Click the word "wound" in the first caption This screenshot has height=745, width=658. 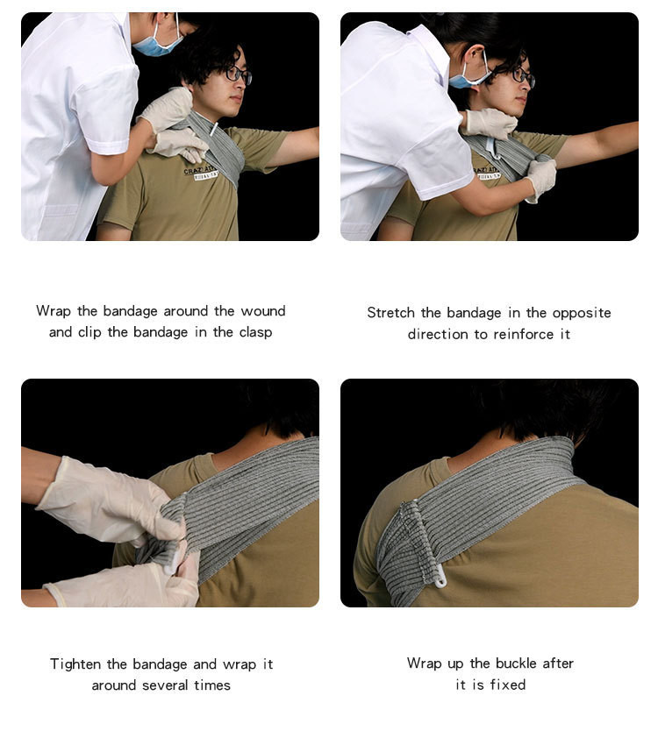[263, 311]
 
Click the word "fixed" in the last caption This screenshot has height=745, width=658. [508, 685]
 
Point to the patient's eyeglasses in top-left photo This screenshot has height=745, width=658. [238, 74]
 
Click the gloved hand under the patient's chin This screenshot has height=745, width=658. [490, 124]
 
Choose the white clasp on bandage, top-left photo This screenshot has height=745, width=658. [214, 129]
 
